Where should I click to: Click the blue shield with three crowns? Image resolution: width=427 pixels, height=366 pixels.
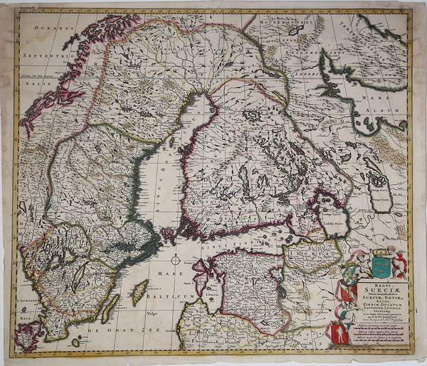[381, 267]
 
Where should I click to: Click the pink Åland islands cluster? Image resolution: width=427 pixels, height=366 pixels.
[168, 232]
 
